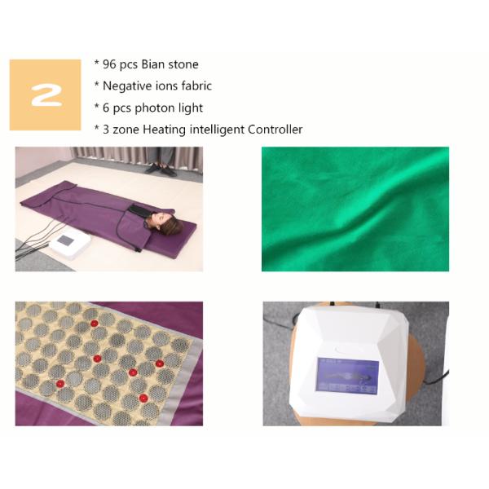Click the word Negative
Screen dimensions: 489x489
tap(129, 86)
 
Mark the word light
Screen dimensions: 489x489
tap(189, 108)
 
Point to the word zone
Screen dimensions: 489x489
tap(125, 130)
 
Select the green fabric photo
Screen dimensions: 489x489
tap(355, 209)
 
